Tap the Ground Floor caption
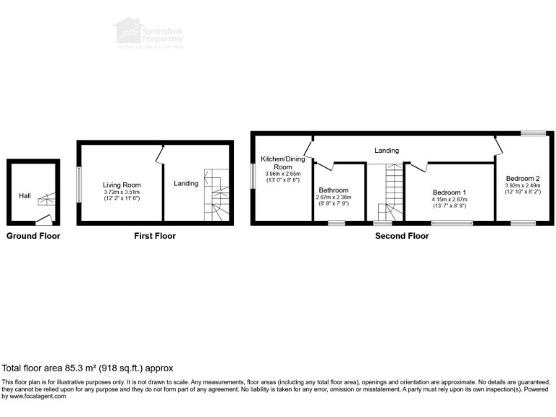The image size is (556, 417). [33, 236]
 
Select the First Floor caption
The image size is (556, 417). [155, 236]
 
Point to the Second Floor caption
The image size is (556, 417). [401, 236]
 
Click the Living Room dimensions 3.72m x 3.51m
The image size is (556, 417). [121, 192]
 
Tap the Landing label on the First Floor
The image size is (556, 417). [185, 184]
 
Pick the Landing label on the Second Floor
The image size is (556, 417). [386, 151]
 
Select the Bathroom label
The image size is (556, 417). [333, 190]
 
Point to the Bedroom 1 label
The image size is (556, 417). [449, 192]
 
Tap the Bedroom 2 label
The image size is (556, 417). [522, 178]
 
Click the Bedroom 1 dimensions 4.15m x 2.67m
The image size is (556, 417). [449, 199]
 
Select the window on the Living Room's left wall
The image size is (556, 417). [80, 184]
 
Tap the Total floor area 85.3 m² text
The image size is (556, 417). [87, 368]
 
